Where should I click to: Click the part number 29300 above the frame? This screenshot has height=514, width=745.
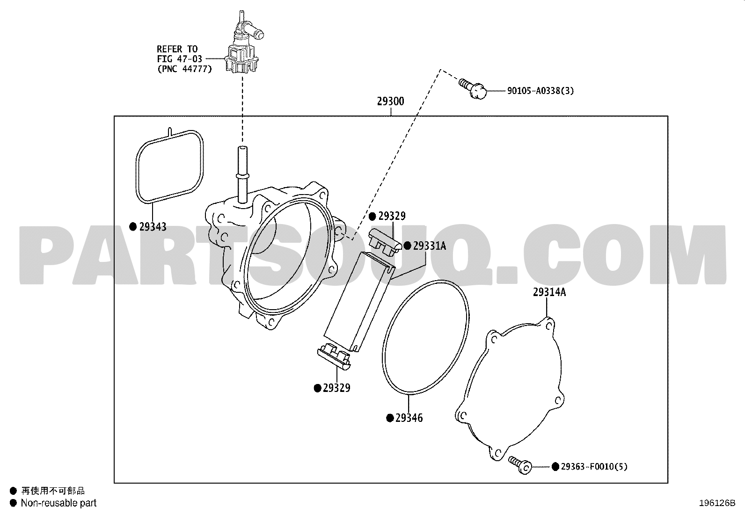click(390, 101)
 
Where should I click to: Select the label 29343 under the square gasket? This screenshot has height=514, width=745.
click(153, 227)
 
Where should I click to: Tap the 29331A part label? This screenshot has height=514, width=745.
click(430, 246)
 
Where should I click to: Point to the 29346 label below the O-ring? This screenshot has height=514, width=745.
click(409, 418)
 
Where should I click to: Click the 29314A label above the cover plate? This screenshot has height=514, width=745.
click(549, 292)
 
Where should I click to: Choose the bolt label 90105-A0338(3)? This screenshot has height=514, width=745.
click(540, 91)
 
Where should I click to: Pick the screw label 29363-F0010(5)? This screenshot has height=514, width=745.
click(594, 467)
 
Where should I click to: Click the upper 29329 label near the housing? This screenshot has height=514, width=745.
click(392, 216)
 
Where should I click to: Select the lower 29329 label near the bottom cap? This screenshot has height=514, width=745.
click(336, 388)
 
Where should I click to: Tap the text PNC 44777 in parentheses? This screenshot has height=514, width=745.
click(184, 69)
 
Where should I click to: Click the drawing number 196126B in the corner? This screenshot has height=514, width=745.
click(717, 503)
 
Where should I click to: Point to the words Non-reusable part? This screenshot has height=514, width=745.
click(58, 503)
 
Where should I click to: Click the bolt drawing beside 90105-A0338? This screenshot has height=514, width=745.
click(473, 88)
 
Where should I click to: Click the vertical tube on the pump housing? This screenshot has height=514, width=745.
click(242, 174)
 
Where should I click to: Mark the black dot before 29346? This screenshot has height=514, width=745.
click(390, 418)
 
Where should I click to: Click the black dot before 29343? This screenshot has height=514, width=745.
click(133, 227)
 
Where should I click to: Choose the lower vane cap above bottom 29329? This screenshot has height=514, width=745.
click(334, 357)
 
